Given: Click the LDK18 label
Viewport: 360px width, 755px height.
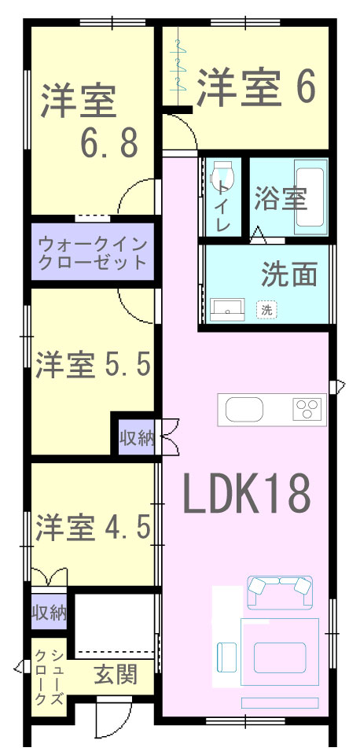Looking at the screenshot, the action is (x=246, y=494).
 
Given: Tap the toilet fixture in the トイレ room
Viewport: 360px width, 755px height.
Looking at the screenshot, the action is (x=222, y=175).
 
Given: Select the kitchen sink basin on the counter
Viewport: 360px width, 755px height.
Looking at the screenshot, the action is (x=244, y=410).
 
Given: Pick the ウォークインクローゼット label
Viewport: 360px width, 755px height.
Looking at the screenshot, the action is (x=92, y=252).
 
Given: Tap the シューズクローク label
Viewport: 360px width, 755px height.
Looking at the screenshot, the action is (x=50, y=676).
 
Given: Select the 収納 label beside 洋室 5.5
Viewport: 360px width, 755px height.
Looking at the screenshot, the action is (x=137, y=438).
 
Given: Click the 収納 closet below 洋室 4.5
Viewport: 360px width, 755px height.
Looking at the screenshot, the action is (x=49, y=612).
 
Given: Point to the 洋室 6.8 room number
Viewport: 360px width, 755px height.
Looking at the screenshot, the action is (x=109, y=142).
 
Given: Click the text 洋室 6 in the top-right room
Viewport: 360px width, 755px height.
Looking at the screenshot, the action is (x=256, y=87).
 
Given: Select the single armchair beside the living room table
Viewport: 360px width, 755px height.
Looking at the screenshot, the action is (x=227, y=657).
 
